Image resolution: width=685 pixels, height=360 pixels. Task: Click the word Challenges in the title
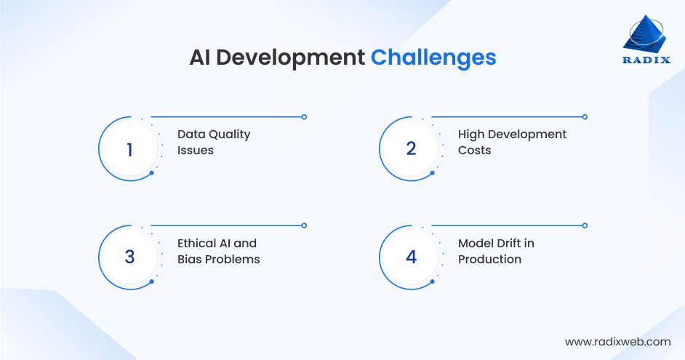[x=433, y=57]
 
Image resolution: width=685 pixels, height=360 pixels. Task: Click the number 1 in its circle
[x=129, y=149]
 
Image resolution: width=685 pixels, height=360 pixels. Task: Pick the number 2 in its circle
[x=411, y=149]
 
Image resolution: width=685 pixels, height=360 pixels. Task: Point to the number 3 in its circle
[x=129, y=257]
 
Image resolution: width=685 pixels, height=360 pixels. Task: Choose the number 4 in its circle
[x=411, y=257]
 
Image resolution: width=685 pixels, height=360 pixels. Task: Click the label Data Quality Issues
[x=214, y=142]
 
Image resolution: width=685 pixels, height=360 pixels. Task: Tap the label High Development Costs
[x=512, y=142]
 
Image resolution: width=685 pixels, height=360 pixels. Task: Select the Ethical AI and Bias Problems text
[x=218, y=251]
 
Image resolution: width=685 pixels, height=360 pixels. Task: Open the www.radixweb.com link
[x=617, y=341]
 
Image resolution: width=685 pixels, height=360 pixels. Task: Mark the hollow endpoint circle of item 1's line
[x=304, y=116]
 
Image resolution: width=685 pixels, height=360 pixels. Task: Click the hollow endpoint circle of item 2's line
[x=585, y=116]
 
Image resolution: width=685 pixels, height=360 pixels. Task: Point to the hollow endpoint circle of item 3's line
[x=304, y=225]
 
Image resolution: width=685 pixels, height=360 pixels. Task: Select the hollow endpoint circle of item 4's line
[x=585, y=225]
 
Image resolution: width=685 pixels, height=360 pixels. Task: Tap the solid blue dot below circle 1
[x=151, y=173]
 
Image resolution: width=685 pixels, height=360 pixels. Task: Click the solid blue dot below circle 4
[x=433, y=281]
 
